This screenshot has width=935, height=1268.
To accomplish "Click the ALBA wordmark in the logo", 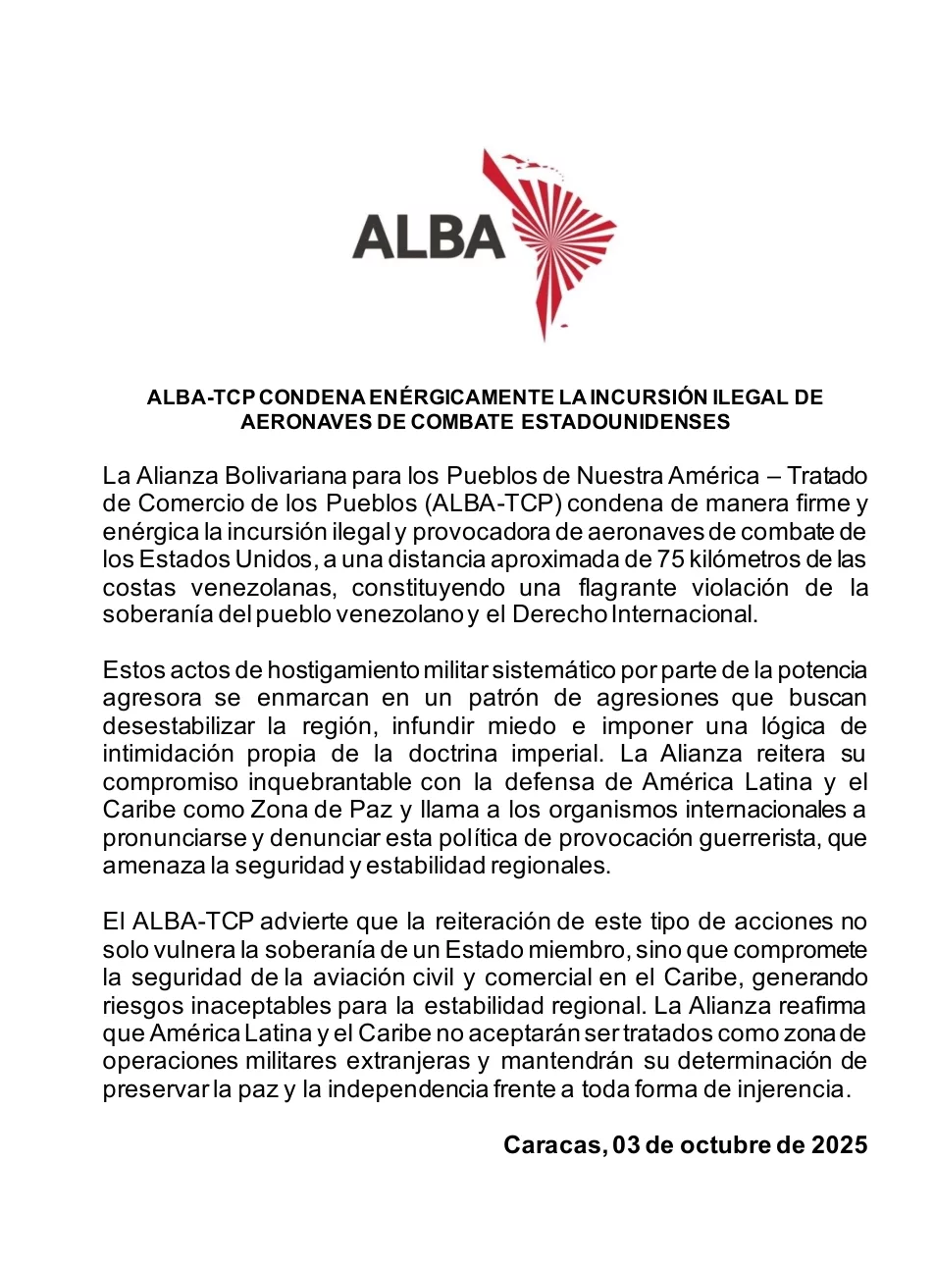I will tap(428, 238).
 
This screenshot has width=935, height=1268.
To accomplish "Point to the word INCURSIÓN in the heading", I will tap(647, 397).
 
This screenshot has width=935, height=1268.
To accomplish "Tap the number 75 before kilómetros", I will tap(671, 559).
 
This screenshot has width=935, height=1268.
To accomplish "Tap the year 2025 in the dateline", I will tap(839, 1145).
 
